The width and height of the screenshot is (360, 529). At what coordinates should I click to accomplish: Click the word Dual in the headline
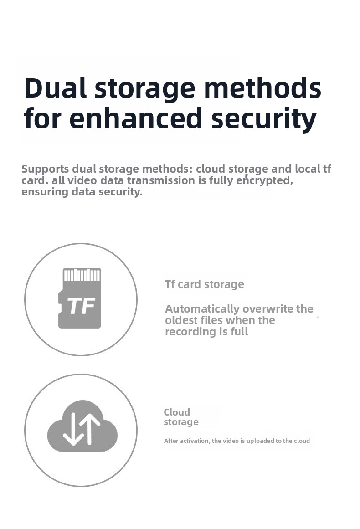55,88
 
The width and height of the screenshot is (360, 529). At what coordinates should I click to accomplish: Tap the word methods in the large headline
262,88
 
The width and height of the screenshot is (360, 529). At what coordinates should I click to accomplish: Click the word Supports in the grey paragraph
45,169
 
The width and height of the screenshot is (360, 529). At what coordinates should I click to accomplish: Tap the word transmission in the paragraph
162,180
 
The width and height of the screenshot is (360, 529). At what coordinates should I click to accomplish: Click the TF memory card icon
80,298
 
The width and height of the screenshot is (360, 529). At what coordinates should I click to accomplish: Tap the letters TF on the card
81,306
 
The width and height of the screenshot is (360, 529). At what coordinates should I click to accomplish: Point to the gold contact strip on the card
82,275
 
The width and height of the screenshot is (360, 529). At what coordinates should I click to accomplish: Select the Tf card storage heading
205,284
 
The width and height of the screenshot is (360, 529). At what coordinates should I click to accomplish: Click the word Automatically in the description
202,309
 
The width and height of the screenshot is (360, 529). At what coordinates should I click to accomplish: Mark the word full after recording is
239,332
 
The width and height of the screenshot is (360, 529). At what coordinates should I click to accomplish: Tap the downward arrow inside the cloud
73,429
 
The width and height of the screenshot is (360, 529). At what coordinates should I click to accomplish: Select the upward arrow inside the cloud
90,428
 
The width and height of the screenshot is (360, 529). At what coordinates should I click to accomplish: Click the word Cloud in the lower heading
177,412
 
